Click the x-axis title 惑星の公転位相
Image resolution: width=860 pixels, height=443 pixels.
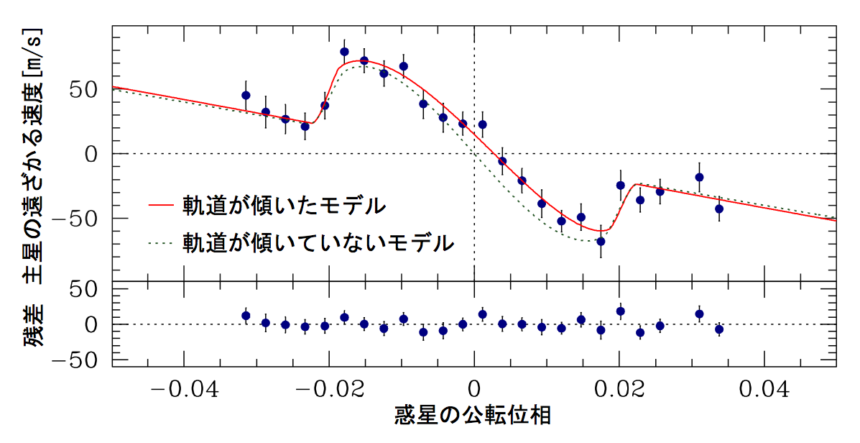coord(473,417)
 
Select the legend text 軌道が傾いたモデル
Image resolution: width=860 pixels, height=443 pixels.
coord(285,205)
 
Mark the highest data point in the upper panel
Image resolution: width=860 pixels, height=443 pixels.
coord(344,52)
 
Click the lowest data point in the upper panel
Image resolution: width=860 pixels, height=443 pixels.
coord(601,242)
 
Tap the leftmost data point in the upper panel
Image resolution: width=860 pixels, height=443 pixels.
coord(246,95)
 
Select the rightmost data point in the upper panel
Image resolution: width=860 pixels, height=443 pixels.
coord(718,209)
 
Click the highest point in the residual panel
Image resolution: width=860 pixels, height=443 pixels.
coord(620,311)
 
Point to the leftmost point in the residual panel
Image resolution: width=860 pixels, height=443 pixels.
coord(246,315)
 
